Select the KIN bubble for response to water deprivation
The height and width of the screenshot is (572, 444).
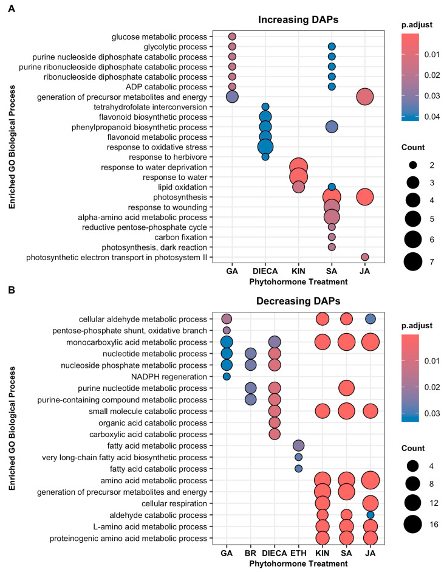click(298, 167)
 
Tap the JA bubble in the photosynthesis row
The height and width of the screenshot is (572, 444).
click(364, 197)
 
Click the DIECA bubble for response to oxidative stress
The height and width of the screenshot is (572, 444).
click(265, 147)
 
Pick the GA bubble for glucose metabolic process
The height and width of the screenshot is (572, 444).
click(232, 36)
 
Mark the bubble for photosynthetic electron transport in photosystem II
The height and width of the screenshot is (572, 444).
click(364, 257)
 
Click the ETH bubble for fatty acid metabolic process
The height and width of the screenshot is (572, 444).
click(298, 446)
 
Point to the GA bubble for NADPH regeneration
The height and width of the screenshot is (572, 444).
click(227, 376)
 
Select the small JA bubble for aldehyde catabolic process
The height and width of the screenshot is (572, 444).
click(370, 515)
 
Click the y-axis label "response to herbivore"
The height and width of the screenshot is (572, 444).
click(171, 157)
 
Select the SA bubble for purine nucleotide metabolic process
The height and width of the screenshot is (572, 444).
click(346, 388)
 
